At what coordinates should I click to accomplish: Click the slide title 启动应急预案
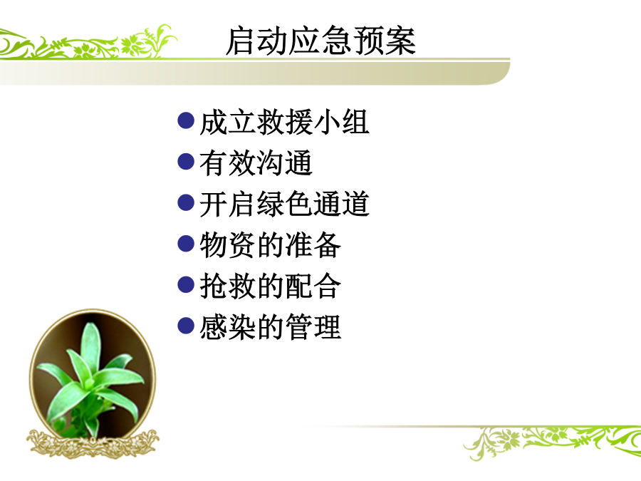pyautogui.click(x=321, y=41)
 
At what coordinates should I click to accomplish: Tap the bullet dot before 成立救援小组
pyautogui.click(x=186, y=120)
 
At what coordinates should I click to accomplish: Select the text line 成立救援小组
pyautogui.click(x=284, y=122)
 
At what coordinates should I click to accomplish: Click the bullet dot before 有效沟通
pyautogui.click(x=186, y=162)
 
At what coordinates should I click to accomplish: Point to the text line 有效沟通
pyautogui.click(x=256, y=162)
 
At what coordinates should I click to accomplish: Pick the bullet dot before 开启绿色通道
pyautogui.click(x=186, y=202)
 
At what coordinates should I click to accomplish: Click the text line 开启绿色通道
pyautogui.click(x=284, y=204)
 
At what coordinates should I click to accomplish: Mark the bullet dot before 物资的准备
pyautogui.click(x=186, y=244)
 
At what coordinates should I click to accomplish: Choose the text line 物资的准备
pyautogui.click(x=270, y=244)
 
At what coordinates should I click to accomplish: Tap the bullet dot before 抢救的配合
pyautogui.click(x=186, y=284)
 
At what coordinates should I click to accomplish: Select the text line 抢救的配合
pyautogui.click(x=270, y=286)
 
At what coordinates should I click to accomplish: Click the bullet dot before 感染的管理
pyautogui.click(x=186, y=326)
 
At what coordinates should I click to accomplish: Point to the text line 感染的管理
pyautogui.click(x=270, y=326)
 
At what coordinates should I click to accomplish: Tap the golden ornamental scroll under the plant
pyautogui.click(x=93, y=443)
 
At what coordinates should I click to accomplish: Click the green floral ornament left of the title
pyautogui.click(x=88, y=43)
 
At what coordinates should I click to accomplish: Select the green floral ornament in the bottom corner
pyautogui.click(x=552, y=442)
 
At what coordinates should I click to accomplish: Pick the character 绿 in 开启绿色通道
pyautogui.click(x=270, y=204)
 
